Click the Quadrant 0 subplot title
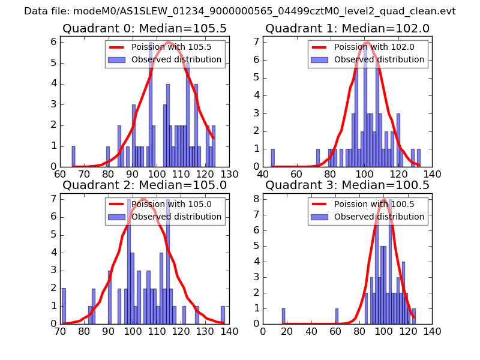(x=144, y=28)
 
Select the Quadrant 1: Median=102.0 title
(x=347, y=28)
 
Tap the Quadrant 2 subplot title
(x=144, y=185)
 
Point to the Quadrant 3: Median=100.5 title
(x=347, y=185)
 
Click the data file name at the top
(x=239, y=11)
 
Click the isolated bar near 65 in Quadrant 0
(x=73, y=156)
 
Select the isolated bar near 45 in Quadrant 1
(x=272, y=158)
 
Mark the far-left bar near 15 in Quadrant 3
(x=283, y=316)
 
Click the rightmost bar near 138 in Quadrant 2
(x=223, y=315)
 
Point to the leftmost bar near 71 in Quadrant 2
(x=64, y=306)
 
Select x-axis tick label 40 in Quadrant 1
(x=263, y=174)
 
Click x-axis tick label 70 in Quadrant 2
(x=60, y=331)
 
